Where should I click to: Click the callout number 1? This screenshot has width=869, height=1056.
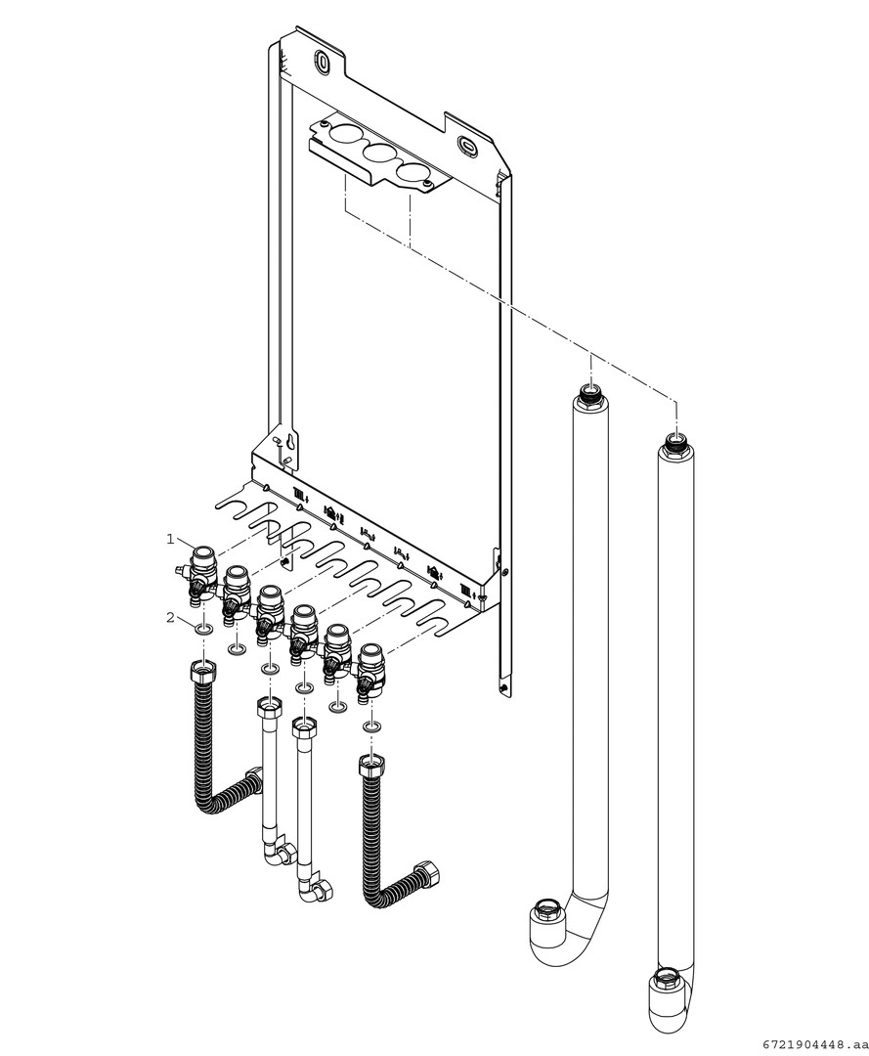169,539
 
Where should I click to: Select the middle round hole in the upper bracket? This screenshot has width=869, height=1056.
376,154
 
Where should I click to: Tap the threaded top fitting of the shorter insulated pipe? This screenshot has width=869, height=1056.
589,394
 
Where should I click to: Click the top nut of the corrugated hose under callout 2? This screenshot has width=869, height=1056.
203,675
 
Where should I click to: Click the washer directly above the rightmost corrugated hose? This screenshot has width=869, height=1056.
371,727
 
